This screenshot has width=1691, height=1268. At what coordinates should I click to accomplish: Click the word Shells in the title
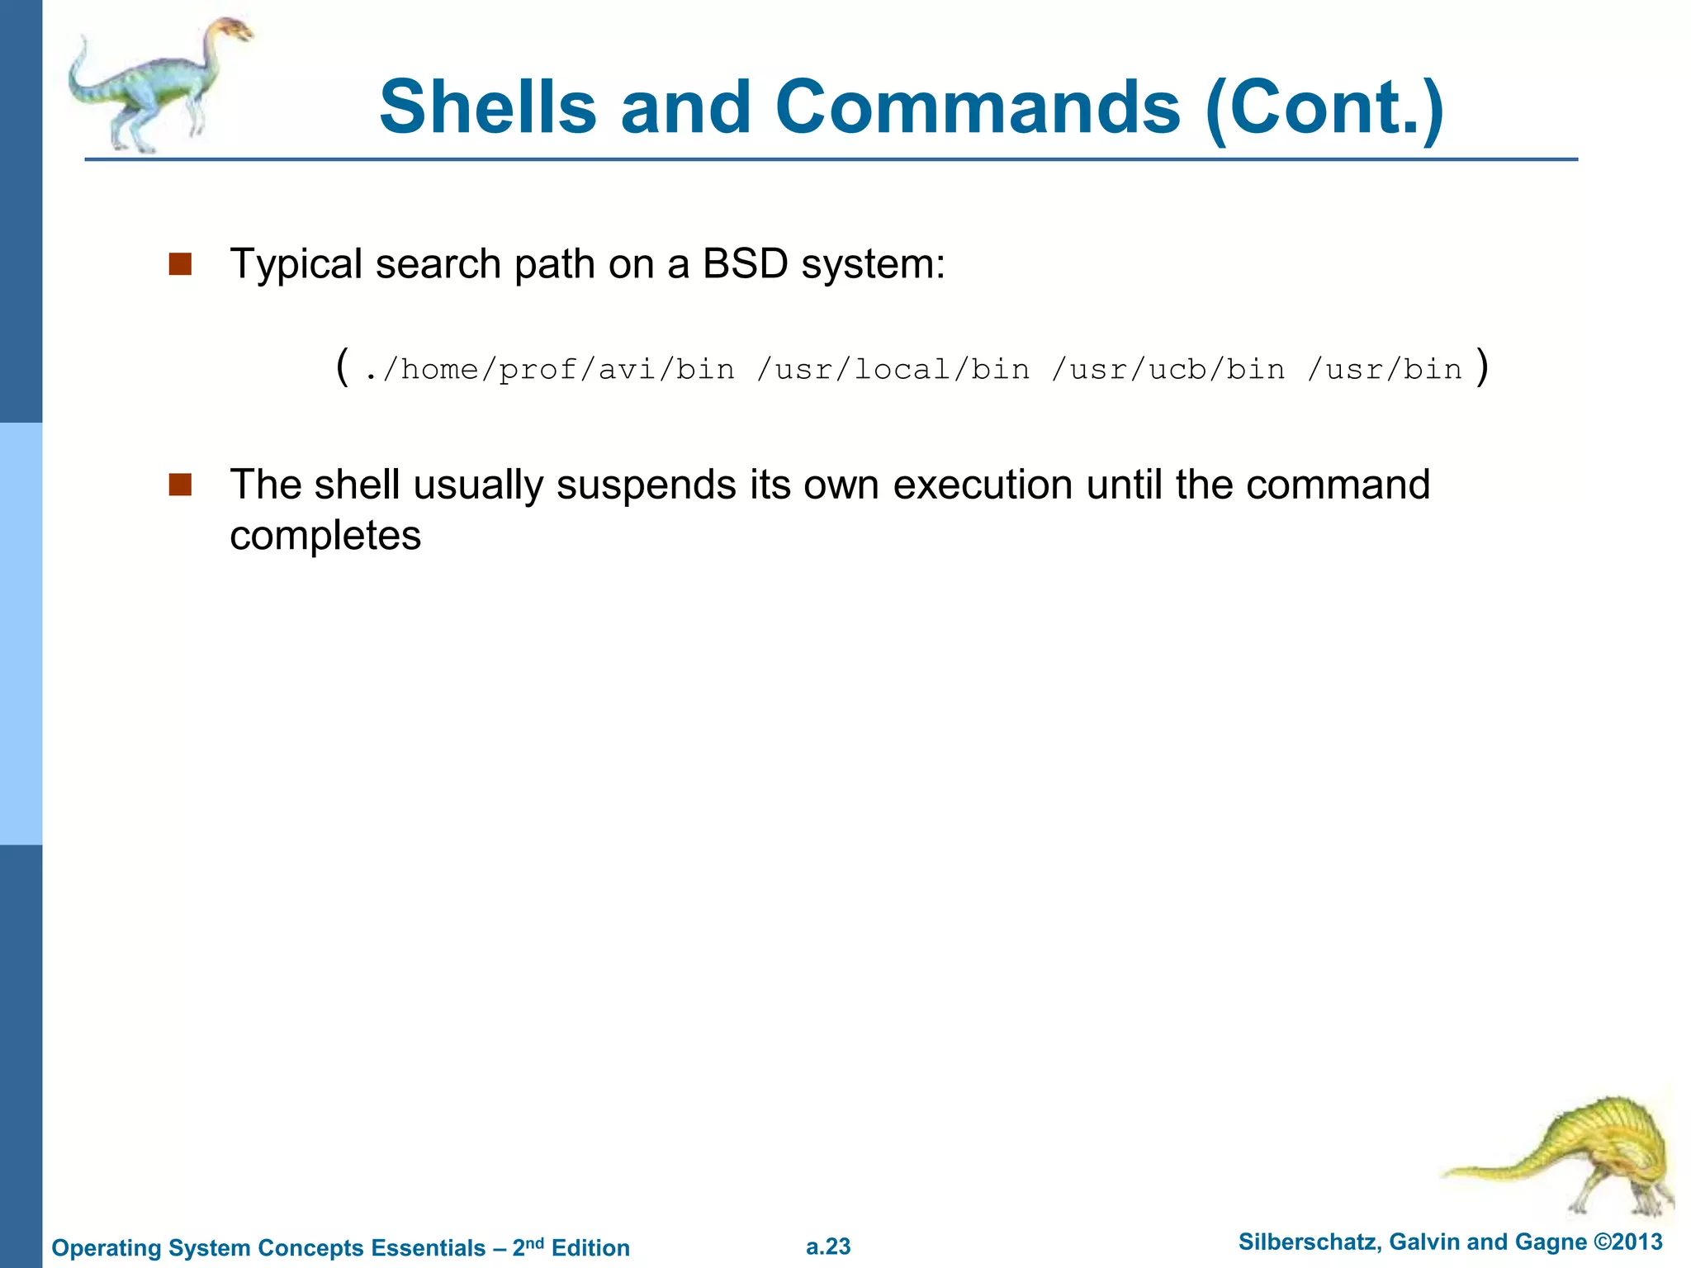(x=487, y=107)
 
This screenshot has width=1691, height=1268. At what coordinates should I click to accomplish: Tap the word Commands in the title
(x=978, y=107)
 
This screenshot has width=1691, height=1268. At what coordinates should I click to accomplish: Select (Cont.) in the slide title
(x=1324, y=107)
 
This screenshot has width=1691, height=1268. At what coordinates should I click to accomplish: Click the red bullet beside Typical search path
(x=180, y=264)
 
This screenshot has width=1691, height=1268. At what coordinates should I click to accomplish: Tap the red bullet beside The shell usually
(x=180, y=485)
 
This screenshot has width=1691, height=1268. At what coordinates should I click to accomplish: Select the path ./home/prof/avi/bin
(x=549, y=369)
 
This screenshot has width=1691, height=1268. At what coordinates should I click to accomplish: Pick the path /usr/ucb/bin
(x=1168, y=369)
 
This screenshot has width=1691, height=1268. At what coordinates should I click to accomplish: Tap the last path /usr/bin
(x=1385, y=369)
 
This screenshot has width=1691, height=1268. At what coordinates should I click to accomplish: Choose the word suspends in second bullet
(x=646, y=485)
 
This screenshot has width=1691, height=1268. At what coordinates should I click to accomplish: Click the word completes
(x=325, y=537)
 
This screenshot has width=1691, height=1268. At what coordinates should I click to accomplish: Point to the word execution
(x=983, y=485)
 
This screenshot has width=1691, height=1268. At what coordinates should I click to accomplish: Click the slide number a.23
(x=828, y=1247)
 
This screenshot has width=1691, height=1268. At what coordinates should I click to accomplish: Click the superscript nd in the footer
(x=535, y=1242)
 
